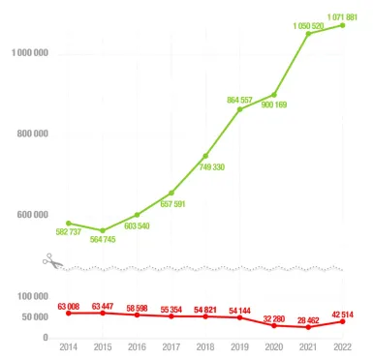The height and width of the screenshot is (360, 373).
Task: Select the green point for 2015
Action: point(103,230)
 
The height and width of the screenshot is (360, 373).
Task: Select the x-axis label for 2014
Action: point(68,346)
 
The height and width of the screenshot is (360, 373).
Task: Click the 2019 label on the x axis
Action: point(239,346)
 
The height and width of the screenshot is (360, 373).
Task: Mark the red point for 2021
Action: point(308,327)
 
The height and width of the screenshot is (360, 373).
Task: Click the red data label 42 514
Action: point(344,312)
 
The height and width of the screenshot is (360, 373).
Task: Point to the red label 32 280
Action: point(275,316)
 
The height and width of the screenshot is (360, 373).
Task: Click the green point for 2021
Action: point(308,34)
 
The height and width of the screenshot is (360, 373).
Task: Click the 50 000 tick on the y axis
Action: point(33,317)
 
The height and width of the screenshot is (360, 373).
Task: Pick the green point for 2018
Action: point(205,156)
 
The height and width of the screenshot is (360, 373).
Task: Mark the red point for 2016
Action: point(137,315)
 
